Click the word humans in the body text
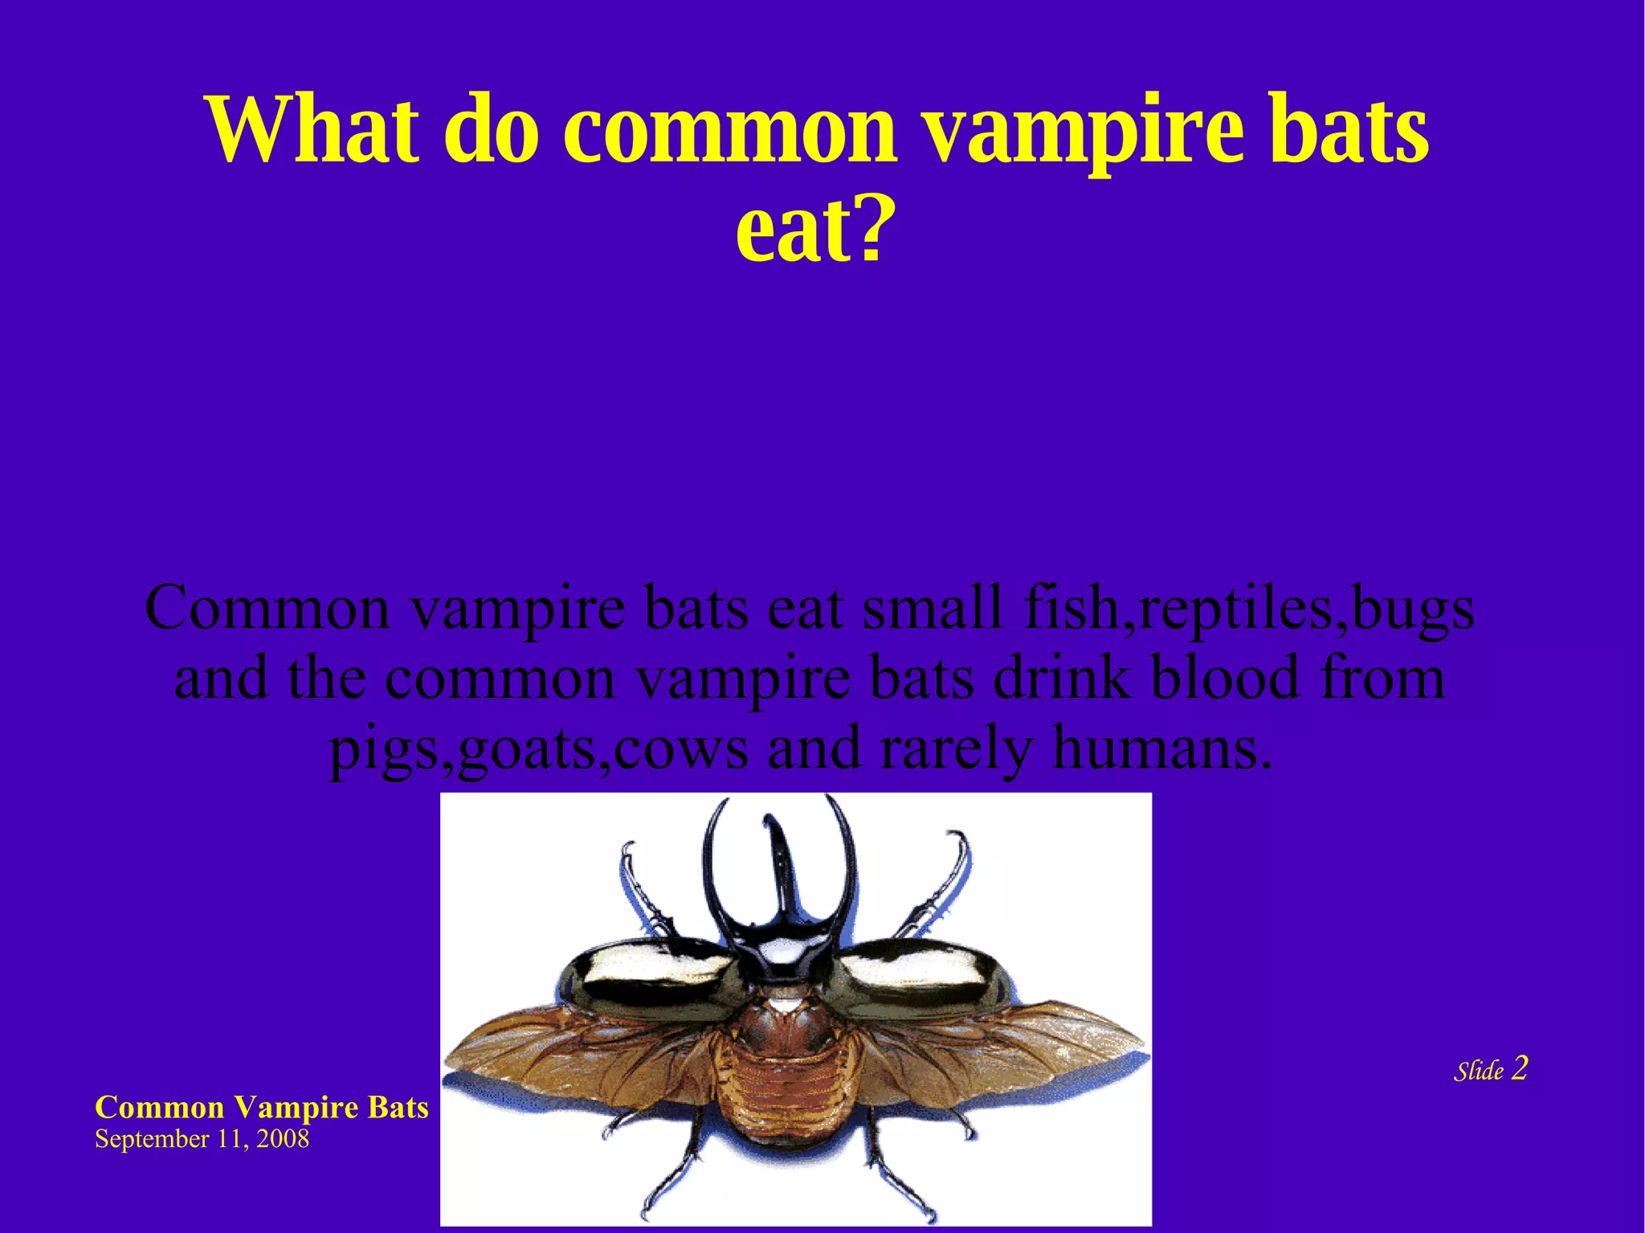pos(1162,748)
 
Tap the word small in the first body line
pos(933,608)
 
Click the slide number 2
pos(1519,1068)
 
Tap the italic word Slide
pos(1478,1071)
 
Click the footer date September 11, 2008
pos(202,1139)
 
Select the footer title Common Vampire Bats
pos(262,1108)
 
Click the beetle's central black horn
pos(783,876)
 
